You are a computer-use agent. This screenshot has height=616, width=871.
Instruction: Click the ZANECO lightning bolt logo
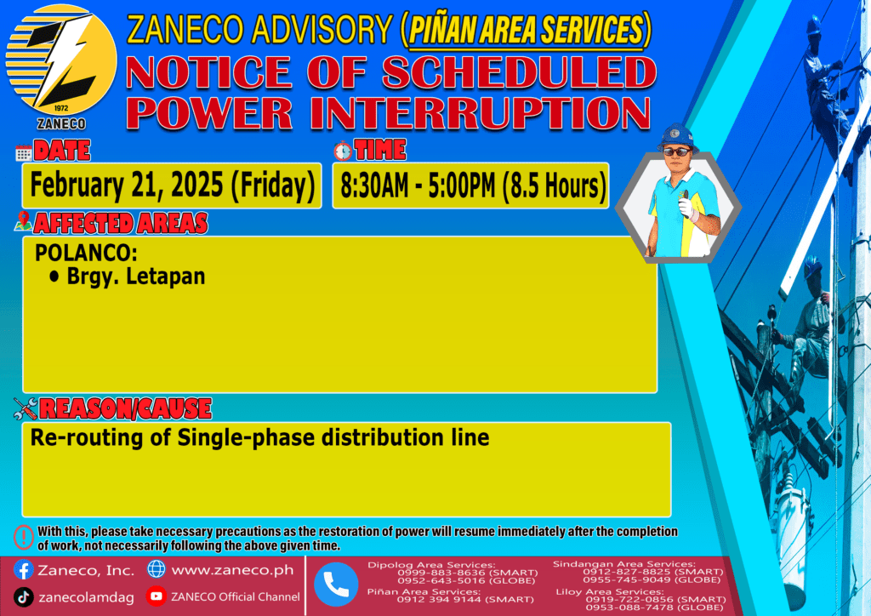tap(61, 60)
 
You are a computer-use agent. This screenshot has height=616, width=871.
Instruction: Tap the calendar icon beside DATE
tap(23, 153)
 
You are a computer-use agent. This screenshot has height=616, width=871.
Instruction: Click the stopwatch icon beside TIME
tap(343, 151)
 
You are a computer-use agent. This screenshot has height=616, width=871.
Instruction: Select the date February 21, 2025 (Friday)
tap(172, 185)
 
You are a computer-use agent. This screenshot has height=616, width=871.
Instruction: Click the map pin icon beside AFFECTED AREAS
tap(23, 221)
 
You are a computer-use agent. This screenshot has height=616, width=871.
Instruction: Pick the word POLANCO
tap(86, 254)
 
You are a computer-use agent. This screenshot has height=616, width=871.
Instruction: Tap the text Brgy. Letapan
tap(136, 277)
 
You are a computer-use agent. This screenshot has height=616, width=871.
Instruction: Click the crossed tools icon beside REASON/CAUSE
tap(26, 408)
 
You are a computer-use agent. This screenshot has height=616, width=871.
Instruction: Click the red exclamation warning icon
tap(23, 538)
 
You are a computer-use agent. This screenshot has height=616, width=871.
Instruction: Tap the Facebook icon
tap(23, 570)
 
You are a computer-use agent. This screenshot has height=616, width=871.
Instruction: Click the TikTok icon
tap(23, 597)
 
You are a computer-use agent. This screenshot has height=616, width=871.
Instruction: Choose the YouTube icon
tap(157, 596)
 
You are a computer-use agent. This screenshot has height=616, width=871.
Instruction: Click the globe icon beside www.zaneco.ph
tap(157, 569)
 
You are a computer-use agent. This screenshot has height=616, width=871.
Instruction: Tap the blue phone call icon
tap(336, 585)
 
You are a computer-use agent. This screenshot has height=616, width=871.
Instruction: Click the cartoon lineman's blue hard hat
tap(676, 136)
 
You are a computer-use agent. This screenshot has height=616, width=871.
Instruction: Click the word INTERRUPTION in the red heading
tap(481, 113)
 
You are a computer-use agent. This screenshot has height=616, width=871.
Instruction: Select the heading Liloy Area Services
tap(609, 591)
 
